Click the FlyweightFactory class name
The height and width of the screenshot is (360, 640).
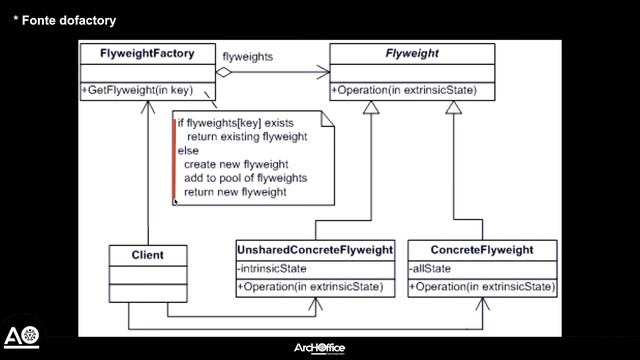point(147,53)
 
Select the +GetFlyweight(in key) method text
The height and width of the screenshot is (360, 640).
point(147,90)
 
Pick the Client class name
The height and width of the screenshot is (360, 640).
point(147,255)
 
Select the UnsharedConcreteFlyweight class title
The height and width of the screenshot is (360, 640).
point(315,249)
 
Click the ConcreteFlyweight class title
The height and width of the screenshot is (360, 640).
point(481,249)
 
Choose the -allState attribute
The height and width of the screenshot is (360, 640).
point(430,269)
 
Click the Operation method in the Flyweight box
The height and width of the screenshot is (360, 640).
point(404,90)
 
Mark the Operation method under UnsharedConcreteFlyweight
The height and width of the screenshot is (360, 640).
point(310,287)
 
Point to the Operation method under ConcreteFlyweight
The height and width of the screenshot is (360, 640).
point(481,287)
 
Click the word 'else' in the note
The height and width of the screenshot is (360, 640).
point(188,150)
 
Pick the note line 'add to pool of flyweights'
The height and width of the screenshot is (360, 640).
point(245,178)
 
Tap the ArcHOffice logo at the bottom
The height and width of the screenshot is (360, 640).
point(319,348)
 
